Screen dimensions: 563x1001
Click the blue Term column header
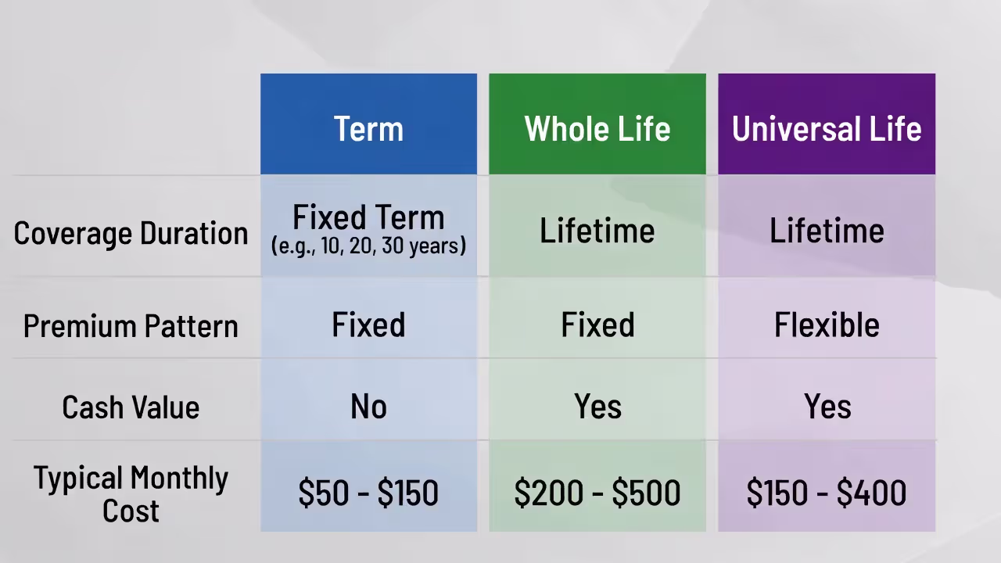(x=368, y=128)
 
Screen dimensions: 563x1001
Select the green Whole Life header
(x=597, y=128)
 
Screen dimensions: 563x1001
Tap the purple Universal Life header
(x=827, y=128)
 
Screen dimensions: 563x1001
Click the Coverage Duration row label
(x=131, y=233)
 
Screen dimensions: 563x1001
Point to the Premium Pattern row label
(x=131, y=325)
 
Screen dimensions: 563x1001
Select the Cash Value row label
(x=131, y=407)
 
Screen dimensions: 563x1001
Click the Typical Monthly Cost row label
(x=131, y=493)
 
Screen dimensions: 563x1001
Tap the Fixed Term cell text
(x=368, y=217)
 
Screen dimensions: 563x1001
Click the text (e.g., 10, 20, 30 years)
(x=368, y=246)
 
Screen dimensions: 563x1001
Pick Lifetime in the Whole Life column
(x=597, y=231)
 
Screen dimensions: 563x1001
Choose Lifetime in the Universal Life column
(x=827, y=231)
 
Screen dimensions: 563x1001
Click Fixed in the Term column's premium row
(x=368, y=325)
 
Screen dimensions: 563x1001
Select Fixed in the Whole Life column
(x=597, y=325)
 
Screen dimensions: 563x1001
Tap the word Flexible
(x=827, y=325)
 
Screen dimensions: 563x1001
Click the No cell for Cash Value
(x=368, y=407)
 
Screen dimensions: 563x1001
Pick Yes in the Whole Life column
(x=597, y=407)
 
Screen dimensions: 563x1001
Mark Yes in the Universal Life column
(x=827, y=407)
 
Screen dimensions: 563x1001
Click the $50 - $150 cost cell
(x=368, y=493)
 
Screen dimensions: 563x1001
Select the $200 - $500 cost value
(x=597, y=493)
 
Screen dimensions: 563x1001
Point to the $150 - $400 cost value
(x=827, y=493)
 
